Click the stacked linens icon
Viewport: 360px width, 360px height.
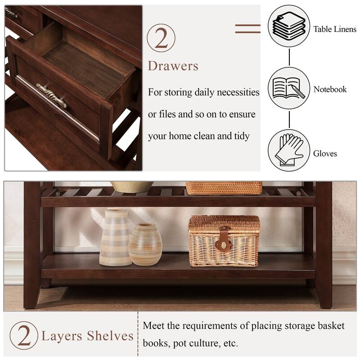tap(288, 26)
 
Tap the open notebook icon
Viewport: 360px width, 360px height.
tap(288, 88)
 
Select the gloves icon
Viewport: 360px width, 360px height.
tap(288, 150)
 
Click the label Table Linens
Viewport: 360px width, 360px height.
tap(334, 30)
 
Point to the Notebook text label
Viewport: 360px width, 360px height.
tap(330, 89)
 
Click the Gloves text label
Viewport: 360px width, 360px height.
tap(325, 154)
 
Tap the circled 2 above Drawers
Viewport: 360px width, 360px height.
tap(161, 38)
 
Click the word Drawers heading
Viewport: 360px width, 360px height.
tap(173, 66)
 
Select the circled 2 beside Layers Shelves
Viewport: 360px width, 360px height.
tap(24, 335)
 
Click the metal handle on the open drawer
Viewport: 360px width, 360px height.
tap(51, 95)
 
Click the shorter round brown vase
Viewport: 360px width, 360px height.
tap(145, 244)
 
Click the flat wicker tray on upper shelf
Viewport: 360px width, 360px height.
tap(224, 188)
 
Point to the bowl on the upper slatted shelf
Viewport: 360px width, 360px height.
tap(131, 186)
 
